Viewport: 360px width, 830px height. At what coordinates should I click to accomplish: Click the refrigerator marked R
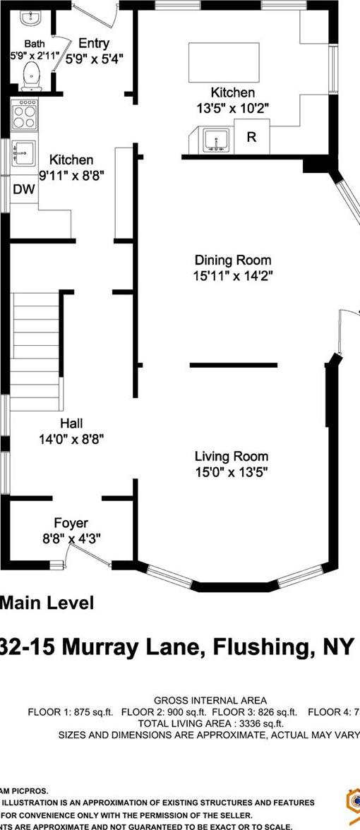coord(251,138)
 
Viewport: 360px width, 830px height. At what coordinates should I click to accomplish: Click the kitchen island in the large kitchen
coord(224,63)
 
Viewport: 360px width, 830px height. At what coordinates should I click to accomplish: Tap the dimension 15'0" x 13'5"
coord(232,471)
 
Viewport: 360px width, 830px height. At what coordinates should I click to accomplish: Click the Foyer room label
coord(71,523)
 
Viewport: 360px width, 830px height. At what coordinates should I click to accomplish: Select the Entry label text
coord(94,44)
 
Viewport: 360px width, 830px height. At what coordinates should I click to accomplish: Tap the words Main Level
coord(47,603)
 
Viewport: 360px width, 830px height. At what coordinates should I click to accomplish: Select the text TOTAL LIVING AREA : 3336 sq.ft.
coord(210,723)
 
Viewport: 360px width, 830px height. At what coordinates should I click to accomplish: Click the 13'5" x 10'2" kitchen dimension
coord(233,108)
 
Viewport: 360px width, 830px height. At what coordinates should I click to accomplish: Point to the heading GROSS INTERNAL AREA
coord(210,699)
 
